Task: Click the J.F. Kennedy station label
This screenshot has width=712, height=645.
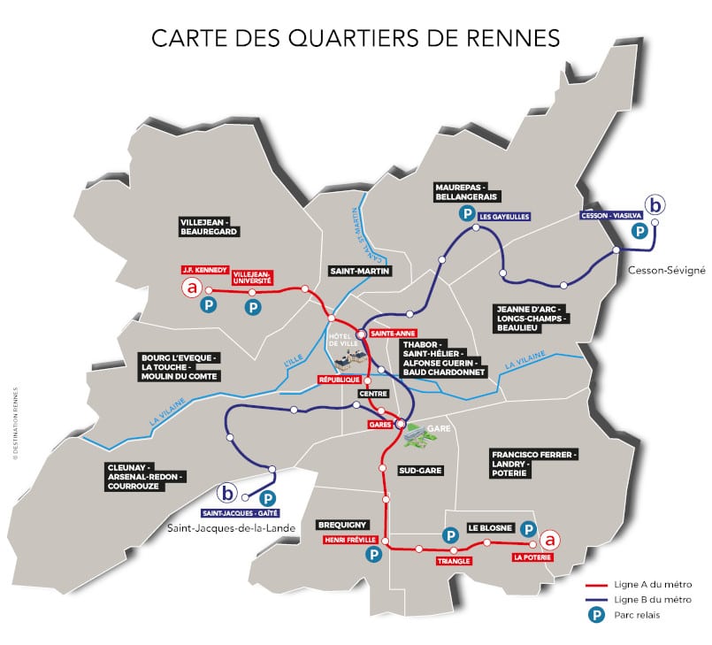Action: [x=204, y=269]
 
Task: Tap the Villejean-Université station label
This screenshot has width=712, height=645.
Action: [x=252, y=275]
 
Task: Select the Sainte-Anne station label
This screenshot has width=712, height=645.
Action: [x=389, y=333]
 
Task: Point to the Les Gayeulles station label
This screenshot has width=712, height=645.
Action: [x=503, y=215]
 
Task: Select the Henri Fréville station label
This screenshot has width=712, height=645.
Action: [x=351, y=539]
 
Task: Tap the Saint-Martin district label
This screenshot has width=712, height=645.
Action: [x=359, y=271]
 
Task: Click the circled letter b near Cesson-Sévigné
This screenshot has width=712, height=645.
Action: [x=655, y=205]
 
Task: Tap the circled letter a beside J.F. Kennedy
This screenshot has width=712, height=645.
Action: [x=190, y=288]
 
